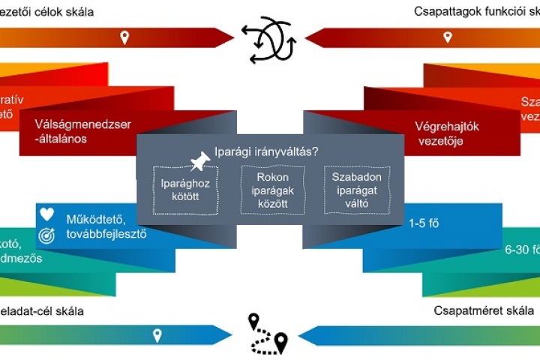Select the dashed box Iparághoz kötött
[x=185, y=190]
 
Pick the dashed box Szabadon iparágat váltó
[x=357, y=190]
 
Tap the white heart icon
[x=47, y=214]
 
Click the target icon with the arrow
[x=47, y=235]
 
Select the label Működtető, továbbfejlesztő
[x=106, y=226]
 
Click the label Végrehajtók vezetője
[x=446, y=133]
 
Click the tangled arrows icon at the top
[x=268, y=38]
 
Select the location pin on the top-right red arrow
[x=448, y=37]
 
